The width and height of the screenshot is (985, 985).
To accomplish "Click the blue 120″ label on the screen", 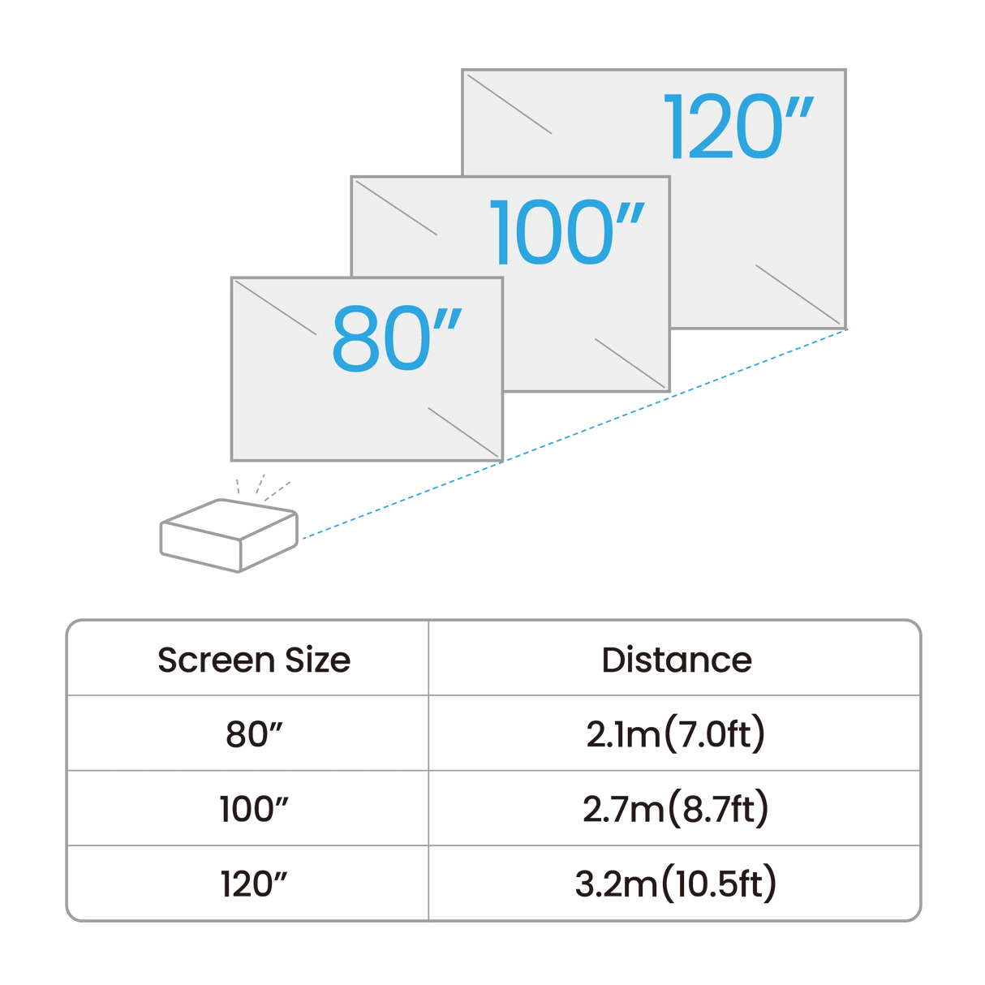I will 737,127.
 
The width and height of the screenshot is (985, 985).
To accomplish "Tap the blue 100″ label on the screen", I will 566,233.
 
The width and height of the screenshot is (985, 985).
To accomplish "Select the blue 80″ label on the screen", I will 395,339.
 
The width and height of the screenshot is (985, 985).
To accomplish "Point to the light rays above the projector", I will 261,486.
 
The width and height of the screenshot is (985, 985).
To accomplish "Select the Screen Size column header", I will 253,660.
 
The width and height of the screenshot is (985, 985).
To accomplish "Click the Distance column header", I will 675,660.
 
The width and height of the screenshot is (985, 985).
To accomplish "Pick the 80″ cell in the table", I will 253,734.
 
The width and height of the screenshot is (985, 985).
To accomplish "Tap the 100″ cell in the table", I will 253,809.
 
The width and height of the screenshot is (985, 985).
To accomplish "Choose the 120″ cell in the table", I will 253,884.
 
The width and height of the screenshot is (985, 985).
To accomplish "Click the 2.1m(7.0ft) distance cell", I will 675,734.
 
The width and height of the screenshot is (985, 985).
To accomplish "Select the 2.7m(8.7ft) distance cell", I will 675,809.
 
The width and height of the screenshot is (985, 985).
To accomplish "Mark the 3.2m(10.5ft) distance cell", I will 675,884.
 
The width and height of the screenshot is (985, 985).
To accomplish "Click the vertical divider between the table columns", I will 428,771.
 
